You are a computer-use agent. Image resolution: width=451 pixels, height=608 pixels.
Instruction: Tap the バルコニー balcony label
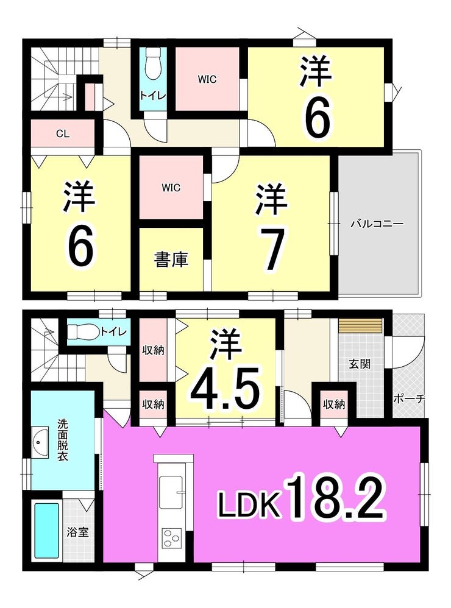377,224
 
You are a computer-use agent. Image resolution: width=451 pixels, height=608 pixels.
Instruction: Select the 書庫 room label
171,260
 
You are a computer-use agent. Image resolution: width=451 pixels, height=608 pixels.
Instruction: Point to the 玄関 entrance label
358,364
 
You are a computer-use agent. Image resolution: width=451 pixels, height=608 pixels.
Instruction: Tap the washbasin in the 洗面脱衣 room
41,439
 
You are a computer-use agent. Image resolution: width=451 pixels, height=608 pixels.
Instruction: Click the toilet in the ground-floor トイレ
82,331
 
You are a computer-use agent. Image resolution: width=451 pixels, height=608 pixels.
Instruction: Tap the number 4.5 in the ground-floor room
225,386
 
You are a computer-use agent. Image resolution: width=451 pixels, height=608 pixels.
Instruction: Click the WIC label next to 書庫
171,188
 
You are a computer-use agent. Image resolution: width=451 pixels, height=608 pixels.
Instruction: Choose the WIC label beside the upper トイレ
207,79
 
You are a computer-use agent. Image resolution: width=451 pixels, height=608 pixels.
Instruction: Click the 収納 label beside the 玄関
334,404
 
